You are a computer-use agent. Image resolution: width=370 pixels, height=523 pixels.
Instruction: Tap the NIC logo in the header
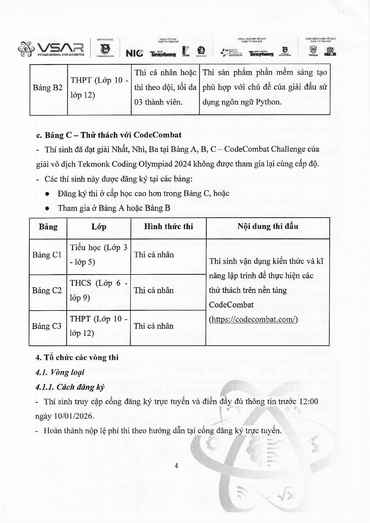click(134, 53)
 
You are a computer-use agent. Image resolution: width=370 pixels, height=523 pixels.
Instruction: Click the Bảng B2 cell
click(48, 88)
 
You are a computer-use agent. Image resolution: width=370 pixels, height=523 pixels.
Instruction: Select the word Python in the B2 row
click(266, 102)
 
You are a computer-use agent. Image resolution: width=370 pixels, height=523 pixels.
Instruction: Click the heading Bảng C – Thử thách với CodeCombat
click(109, 135)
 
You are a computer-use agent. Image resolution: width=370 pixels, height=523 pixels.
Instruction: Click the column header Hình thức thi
click(168, 226)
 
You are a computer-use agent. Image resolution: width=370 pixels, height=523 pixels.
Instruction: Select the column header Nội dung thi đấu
click(268, 226)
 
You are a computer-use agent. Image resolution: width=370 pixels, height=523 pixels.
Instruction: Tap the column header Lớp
click(99, 227)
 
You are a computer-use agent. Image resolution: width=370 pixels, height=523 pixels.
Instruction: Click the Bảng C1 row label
click(47, 255)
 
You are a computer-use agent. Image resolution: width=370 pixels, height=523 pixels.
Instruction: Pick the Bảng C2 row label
click(47, 290)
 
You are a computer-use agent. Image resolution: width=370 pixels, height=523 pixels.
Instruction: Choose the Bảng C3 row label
click(47, 326)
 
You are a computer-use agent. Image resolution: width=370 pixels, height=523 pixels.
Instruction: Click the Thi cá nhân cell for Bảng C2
click(154, 290)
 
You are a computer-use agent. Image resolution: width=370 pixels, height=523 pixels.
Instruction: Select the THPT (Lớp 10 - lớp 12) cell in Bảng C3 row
click(98, 326)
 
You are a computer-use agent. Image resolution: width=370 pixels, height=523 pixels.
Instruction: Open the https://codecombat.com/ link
click(253, 319)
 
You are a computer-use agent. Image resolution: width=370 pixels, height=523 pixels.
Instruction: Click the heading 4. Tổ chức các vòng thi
click(77, 357)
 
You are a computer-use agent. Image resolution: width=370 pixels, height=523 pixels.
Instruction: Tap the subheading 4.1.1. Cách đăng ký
click(70, 387)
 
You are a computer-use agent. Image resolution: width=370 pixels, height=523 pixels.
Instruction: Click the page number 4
click(176, 466)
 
